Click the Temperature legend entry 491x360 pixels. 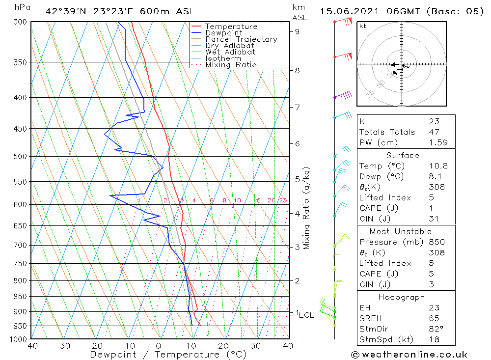(x=231, y=27)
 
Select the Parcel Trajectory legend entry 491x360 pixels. (x=241, y=39)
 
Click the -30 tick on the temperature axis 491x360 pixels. (x=62, y=346)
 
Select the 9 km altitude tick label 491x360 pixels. (x=298, y=31)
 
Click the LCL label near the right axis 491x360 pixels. (x=306, y=315)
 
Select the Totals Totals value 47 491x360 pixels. (x=433, y=132)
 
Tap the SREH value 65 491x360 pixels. (x=433, y=318)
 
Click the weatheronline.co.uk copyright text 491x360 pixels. (x=409, y=355)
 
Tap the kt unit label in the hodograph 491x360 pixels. (x=363, y=26)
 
